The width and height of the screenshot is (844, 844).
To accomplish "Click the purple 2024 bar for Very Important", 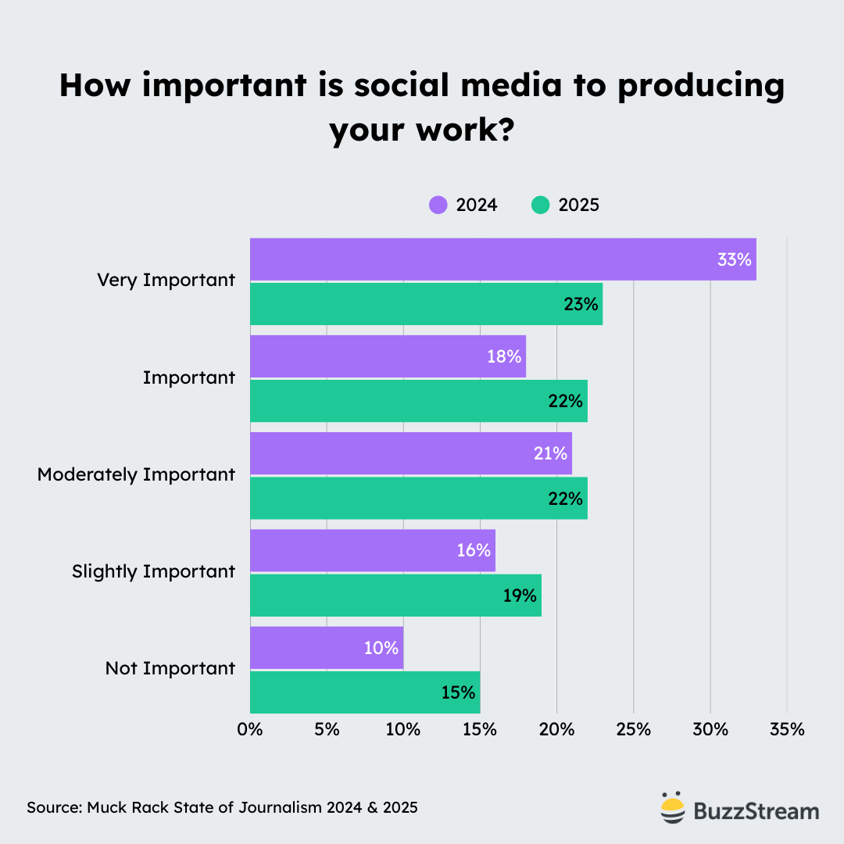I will click(500, 259).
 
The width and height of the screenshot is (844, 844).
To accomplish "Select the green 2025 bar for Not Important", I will click(364, 692).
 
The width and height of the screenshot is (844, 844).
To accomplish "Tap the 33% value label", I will click(734, 259).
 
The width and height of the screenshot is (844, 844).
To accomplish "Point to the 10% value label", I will click(381, 648).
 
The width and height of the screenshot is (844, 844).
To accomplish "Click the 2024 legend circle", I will click(438, 206).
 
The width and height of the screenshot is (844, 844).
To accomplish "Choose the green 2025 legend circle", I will click(541, 206).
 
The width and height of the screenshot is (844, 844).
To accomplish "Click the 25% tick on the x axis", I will click(633, 730).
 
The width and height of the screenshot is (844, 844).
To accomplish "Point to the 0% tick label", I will click(250, 730).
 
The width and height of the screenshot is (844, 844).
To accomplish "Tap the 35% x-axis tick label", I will click(786, 730).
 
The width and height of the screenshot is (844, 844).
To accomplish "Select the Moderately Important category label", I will click(136, 474).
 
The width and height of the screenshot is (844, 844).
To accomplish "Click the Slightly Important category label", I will click(153, 571).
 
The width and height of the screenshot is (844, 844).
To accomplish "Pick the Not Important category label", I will click(170, 668).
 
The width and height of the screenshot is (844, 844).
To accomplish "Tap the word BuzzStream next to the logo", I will click(756, 811).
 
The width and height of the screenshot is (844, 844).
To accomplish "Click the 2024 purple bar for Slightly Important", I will click(372, 550).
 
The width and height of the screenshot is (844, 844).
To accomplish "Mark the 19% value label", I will click(520, 595).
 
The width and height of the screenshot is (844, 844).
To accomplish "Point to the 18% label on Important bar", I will click(504, 356).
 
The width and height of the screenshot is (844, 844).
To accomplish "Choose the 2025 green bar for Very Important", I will click(426, 304).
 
